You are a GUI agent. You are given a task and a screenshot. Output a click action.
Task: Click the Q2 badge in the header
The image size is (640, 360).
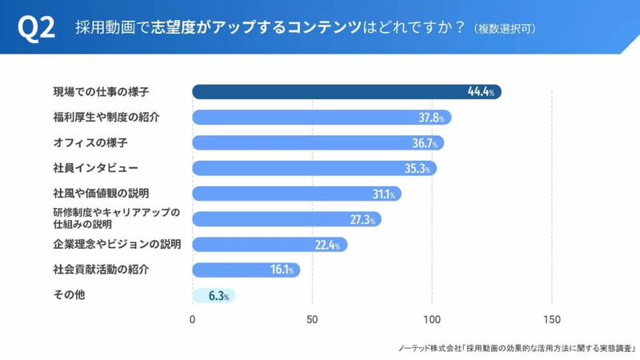coord(36,28)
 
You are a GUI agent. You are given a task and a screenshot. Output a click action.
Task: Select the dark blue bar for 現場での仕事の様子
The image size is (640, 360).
coord(328,92)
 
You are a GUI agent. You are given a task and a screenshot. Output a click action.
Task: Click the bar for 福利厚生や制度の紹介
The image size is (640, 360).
coord(320,118)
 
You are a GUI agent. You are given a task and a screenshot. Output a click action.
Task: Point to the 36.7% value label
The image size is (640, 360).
coord(425,143)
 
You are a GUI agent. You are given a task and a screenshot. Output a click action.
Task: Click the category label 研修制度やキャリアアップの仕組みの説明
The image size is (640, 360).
coord(116,218)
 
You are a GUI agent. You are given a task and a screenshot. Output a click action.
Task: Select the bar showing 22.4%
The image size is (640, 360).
coord(269,244)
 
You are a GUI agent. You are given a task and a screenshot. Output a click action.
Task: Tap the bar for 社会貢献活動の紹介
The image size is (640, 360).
coord(245,270)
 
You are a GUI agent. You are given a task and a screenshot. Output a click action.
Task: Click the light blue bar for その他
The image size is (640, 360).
coord(213,295)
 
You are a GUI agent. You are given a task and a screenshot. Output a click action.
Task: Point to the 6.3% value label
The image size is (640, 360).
coord(219,295)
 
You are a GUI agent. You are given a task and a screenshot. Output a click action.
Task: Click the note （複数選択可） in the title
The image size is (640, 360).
coord(505,29)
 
